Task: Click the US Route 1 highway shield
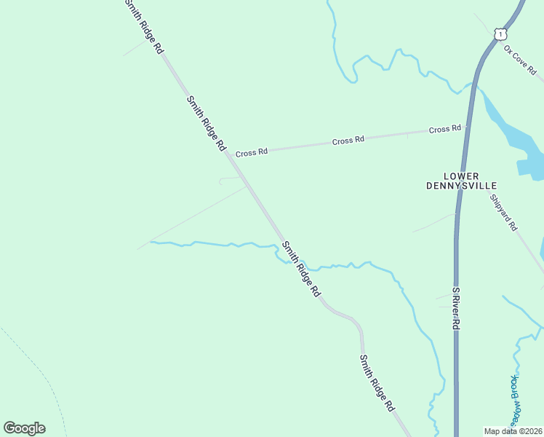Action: (499, 34)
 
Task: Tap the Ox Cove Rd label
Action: (520, 60)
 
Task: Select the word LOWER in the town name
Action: (462, 176)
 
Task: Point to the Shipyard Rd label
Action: (503, 213)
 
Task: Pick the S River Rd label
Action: (456, 308)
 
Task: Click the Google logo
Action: (24, 428)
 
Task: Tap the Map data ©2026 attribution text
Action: (513, 430)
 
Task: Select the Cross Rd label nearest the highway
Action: (445, 129)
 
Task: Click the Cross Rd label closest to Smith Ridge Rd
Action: (252, 152)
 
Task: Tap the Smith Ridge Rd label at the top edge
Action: (143, 26)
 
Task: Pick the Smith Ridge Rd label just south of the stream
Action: (301, 268)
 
